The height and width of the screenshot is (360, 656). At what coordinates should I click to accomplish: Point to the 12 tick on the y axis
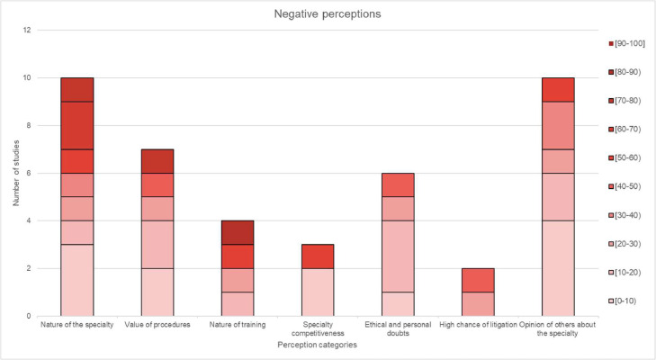(x=27, y=31)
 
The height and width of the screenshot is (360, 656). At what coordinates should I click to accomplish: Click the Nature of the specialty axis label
(x=76, y=325)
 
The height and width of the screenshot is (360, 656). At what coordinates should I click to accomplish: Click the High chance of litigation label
(x=477, y=325)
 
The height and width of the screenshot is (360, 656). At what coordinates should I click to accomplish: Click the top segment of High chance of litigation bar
(x=477, y=280)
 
